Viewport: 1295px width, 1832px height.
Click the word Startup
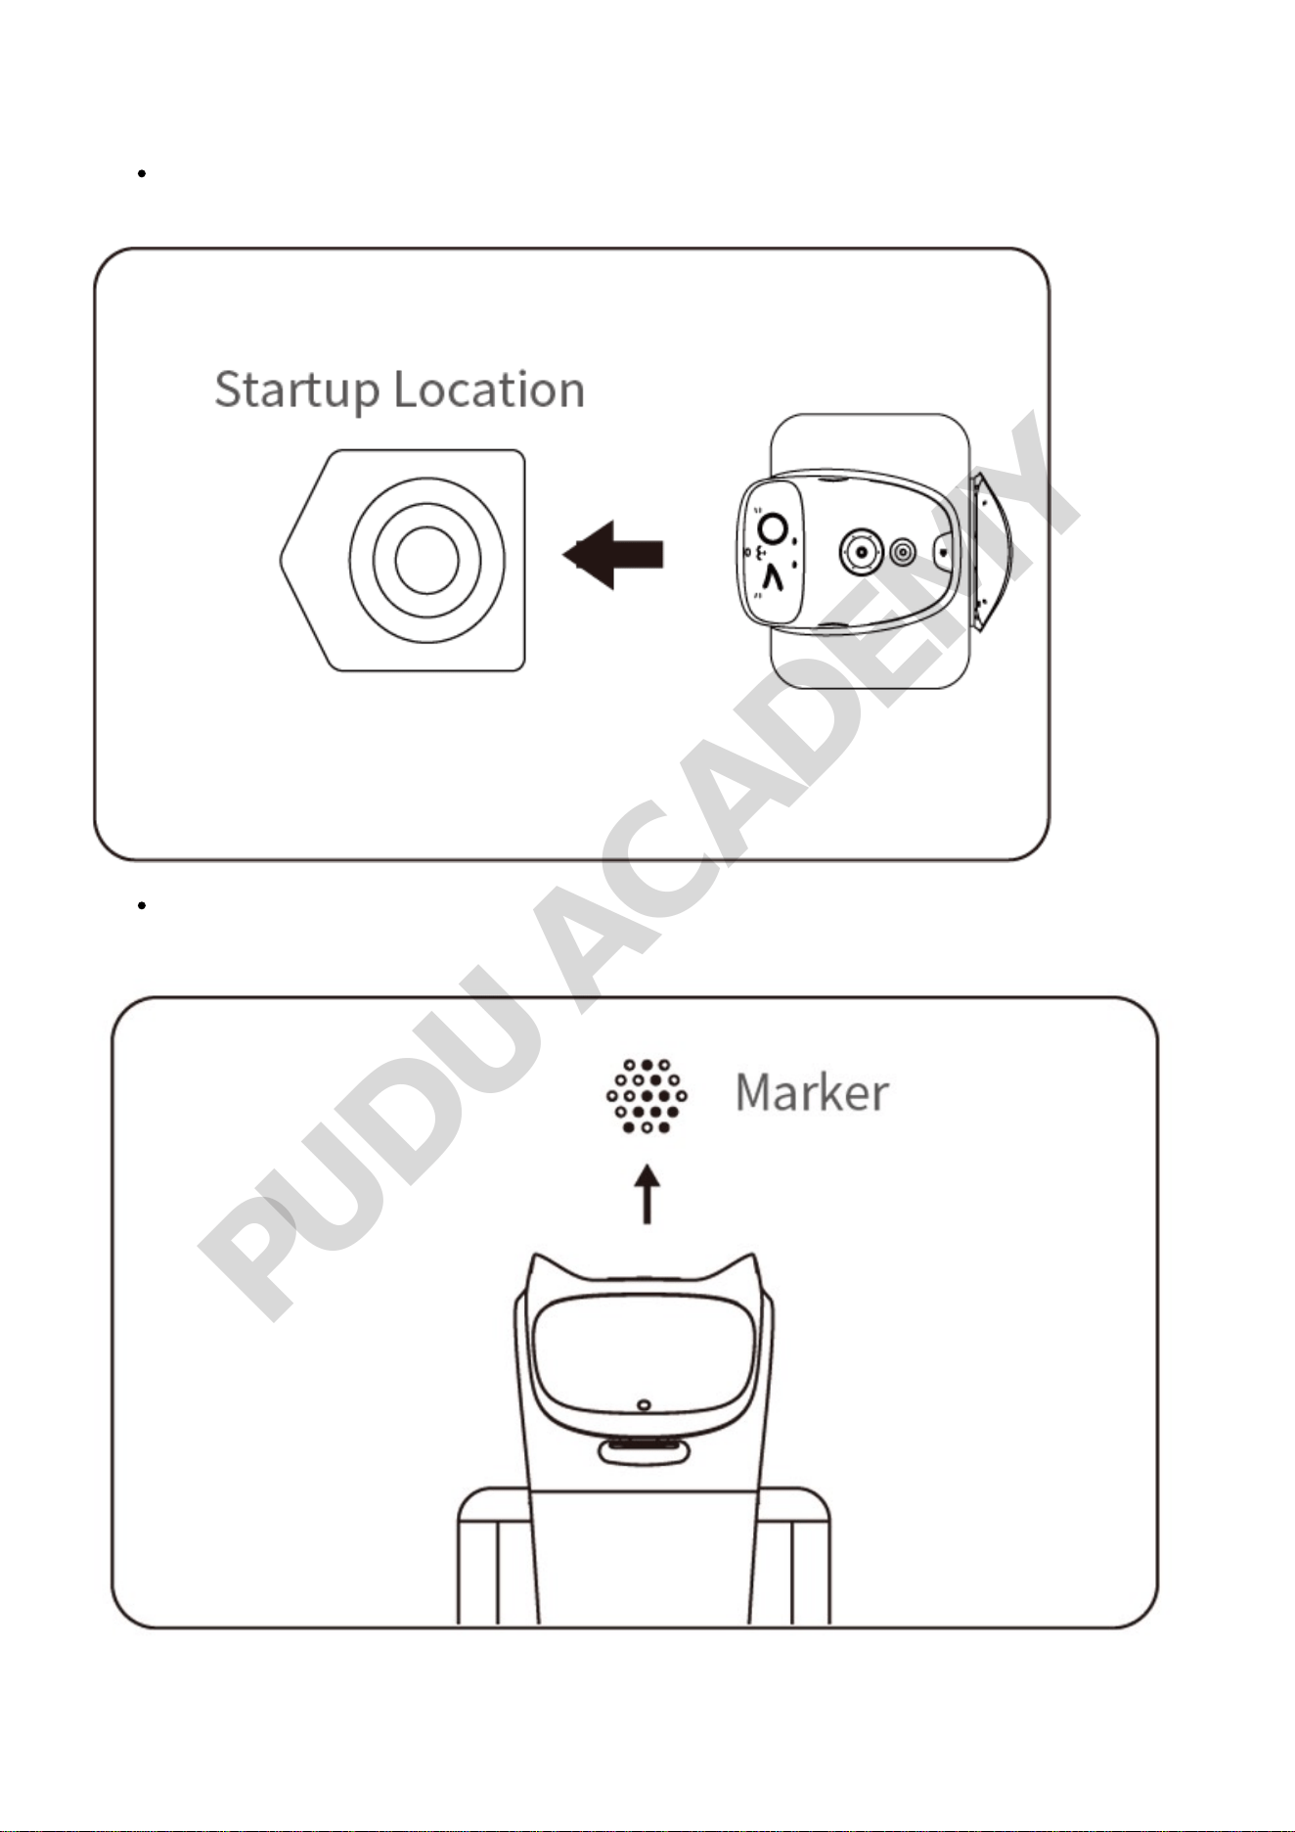(x=296, y=390)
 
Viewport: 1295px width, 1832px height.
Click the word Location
(x=489, y=389)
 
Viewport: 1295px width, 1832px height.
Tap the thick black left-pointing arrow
(x=613, y=554)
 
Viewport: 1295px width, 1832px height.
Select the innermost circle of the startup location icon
(x=426, y=560)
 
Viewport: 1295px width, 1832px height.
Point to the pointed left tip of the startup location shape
(x=281, y=560)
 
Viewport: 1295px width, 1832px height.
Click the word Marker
(x=812, y=1093)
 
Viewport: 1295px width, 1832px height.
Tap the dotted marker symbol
(x=647, y=1096)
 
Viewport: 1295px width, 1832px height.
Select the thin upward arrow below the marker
(x=647, y=1194)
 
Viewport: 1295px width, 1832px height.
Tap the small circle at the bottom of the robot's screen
(x=644, y=1405)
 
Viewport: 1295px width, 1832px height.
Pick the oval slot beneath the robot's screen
(x=645, y=1451)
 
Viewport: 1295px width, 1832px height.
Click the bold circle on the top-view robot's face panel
(x=773, y=529)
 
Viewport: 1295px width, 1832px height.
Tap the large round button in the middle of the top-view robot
(x=861, y=553)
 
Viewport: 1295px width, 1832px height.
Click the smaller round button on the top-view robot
(x=903, y=553)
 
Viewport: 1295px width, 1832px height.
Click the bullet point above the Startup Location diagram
(x=142, y=173)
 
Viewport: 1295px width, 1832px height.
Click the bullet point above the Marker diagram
(x=142, y=905)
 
